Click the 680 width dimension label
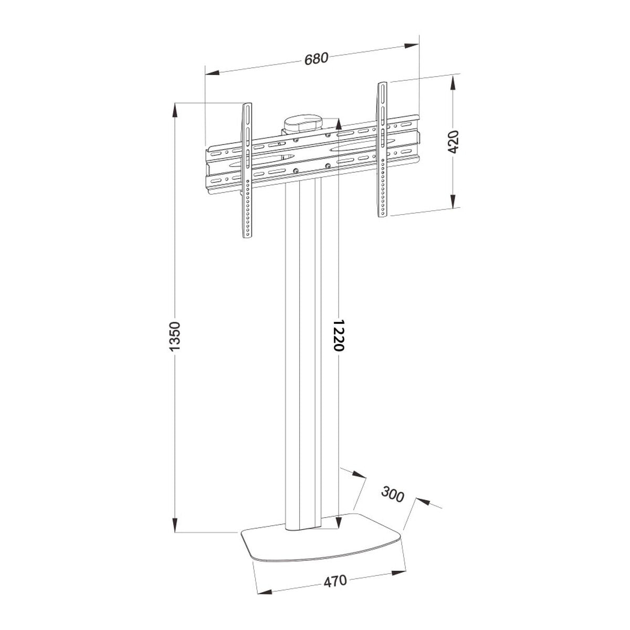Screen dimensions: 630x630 coord(317,58)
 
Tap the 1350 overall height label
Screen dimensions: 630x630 coord(175,336)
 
